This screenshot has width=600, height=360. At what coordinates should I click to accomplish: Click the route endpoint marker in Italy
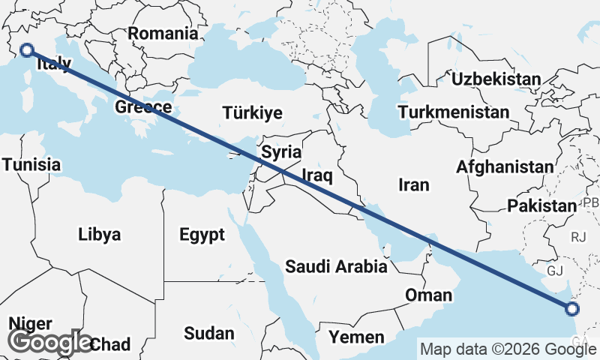(27, 50)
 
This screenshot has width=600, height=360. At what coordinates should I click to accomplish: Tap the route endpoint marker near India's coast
(572, 308)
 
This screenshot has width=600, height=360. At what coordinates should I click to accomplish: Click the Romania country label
(163, 33)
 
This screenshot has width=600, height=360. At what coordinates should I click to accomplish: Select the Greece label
(143, 107)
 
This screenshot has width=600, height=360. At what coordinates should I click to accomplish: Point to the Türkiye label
(252, 113)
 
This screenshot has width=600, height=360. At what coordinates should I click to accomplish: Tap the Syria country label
(281, 152)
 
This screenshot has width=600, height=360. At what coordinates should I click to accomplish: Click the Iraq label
(316, 175)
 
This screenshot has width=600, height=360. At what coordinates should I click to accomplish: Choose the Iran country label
(413, 184)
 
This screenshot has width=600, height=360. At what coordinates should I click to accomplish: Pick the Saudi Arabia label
(336, 266)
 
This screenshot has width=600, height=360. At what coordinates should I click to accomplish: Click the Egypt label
(202, 235)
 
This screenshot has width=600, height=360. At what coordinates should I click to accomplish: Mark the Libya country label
(99, 235)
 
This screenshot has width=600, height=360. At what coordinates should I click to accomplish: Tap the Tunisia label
(31, 164)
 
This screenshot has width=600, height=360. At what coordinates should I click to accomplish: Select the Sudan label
(208, 334)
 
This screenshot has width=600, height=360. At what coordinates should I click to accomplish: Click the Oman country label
(429, 295)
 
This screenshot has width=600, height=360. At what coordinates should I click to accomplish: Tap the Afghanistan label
(505, 166)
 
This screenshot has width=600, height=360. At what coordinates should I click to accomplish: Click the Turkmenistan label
(454, 112)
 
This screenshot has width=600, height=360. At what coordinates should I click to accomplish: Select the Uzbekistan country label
(495, 79)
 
